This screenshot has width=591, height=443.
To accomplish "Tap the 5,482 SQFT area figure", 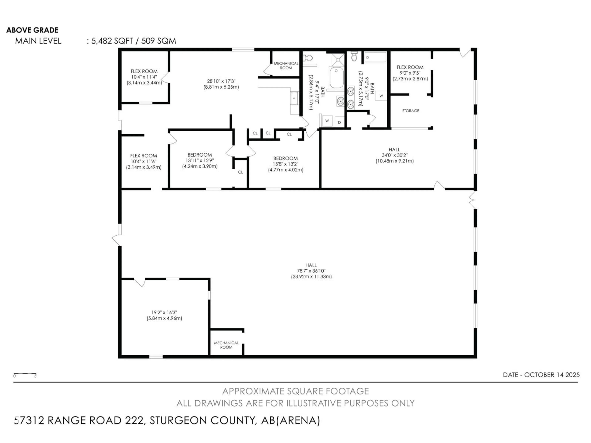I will [x=112, y=41].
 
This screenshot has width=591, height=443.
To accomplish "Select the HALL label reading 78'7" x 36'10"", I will [x=311, y=271].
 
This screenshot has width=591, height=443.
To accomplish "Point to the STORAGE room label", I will [x=411, y=111].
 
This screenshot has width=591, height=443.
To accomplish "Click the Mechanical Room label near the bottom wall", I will [x=226, y=345].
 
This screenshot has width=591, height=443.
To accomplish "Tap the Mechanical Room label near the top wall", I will [x=286, y=65].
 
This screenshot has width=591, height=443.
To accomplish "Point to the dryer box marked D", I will [x=339, y=122].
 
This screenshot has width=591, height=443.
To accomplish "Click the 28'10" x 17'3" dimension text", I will [x=221, y=84].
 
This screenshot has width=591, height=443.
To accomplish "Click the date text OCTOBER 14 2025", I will [x=552, y=375].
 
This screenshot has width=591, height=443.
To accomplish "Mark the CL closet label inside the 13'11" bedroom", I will [x=240, y=172].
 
